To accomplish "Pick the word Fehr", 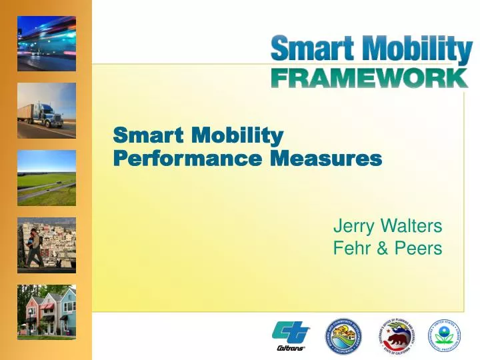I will tap(351, 249).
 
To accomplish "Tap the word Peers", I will tap(417, 249).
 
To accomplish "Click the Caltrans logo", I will tap(291, 335).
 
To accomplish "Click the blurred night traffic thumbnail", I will tap(47, 44).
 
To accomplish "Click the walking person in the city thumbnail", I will tap(31, 247).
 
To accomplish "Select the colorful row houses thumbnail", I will tap(47, 311).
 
